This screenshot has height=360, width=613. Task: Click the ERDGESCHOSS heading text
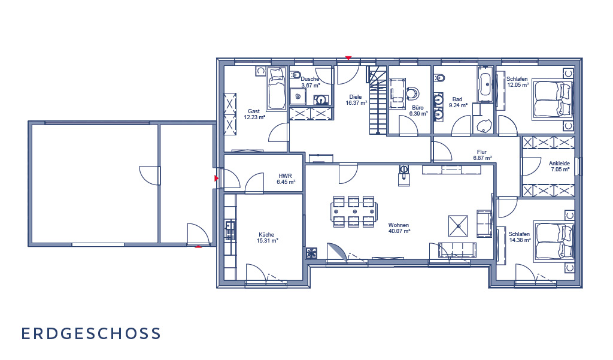click(x=91, y=334)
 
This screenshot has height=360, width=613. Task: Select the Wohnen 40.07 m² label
click(x=399, y=228)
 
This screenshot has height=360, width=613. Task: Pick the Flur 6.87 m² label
click(x=482, y=155)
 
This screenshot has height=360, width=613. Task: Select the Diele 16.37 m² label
click(x=356, y=100)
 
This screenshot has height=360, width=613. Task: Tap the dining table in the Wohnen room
click(x=354, y=211)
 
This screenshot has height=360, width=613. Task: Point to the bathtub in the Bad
click(x=485, y=84)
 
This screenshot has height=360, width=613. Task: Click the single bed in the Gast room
click(x=277, y=89)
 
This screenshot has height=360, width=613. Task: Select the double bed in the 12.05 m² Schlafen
click(x=553, y=99)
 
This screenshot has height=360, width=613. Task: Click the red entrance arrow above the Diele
click(x=348, y=58)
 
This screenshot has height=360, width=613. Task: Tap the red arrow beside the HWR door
click(x=217, y=179)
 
